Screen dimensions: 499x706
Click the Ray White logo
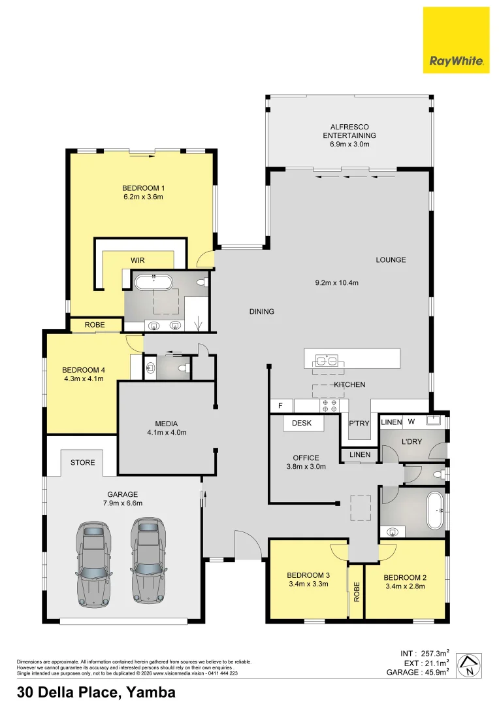click(x=456, y=40)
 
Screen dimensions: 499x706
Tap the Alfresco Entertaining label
click(x=349, y=131)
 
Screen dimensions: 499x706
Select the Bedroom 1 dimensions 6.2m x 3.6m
click(x=142, y=197)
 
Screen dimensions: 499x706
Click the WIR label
click(x=138, y=260)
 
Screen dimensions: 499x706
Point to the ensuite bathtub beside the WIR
click(x=153, y=282)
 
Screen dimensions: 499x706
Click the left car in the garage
click(x=93, y=563)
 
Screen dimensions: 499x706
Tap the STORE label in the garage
click(x=83, y=462)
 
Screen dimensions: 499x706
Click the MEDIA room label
click(x=167, y=424)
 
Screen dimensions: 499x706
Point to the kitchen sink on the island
click(x=326, y=360)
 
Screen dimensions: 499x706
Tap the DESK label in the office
click(x=302, y=423)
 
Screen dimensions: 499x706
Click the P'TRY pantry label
click(x=359, y=423)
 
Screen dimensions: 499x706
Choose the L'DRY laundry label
click(x=411, y=442)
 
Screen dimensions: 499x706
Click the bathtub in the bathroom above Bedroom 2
click(x=434, y=511)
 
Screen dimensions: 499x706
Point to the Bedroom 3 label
click(x=308, y=575)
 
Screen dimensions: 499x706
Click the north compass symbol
click(x=469, y=665)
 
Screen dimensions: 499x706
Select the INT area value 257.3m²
click(x=434, y=654)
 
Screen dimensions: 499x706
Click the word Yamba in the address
click(x=151, y=692)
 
